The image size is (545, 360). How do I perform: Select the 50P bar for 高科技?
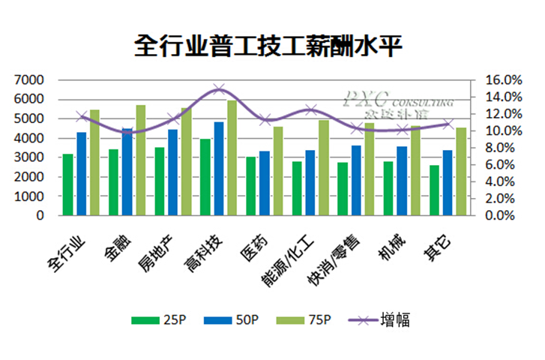pyautogui.click(x=218, y=169)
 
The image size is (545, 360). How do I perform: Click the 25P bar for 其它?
pyautogui.click(x=434, y=190)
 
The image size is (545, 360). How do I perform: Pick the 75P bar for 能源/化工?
pyautogui.click(x=324, y=168)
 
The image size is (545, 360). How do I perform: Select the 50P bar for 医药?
pyautogui.click(x=264, y=184)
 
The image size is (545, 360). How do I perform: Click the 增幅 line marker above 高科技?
pyautogui.click(x=218, y=89)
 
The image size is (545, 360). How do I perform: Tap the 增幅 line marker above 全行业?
pyautogui.click(x=81, y=116)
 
